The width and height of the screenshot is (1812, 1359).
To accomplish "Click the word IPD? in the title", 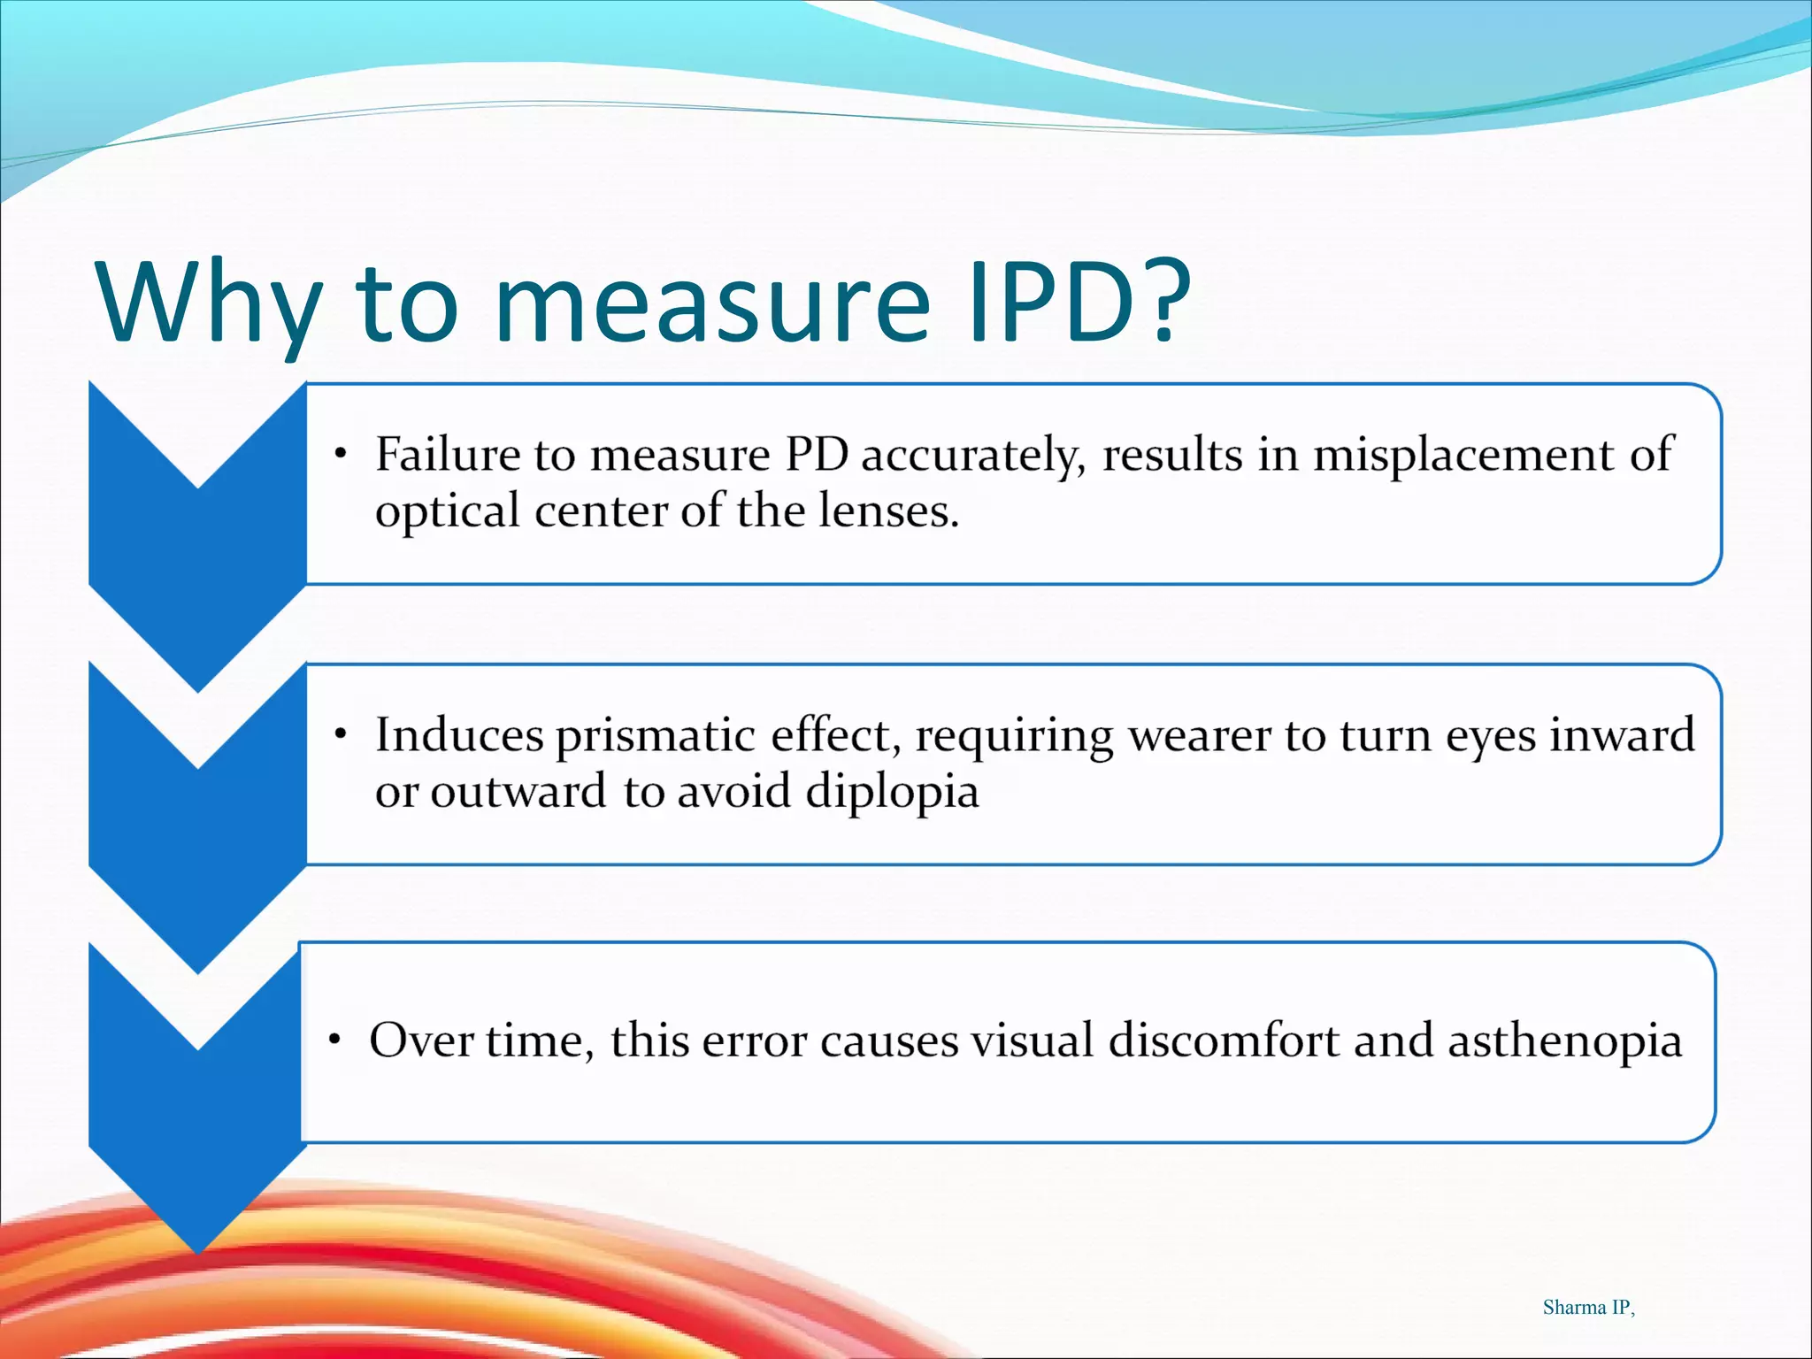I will click(x=1079, y=301).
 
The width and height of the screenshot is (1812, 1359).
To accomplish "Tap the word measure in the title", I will click(x=712, y=305).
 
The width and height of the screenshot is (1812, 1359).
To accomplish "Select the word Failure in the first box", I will click(x=448, y=455).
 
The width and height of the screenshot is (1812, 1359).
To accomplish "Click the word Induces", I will click(x=458, y=735).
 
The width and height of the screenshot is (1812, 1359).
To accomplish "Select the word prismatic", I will click(x=656, y=737).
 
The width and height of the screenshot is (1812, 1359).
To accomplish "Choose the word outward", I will click(x=518, y=792).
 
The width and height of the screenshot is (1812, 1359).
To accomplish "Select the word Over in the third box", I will click(x=421, y=1040).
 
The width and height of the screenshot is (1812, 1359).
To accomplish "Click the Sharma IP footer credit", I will click(x=1588, y=1308).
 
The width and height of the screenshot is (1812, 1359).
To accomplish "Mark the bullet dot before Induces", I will click(x=340, y=735).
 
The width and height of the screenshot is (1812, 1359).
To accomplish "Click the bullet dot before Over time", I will click(x=334, y=1040).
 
